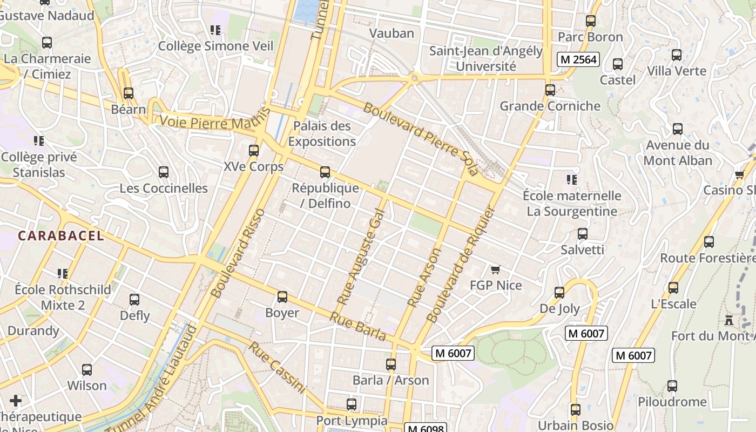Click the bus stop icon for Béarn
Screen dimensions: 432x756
click(x=129, y=93)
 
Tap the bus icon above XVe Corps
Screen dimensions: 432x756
click(x=254, y=151)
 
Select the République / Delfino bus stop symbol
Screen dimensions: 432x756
click(x=325, y=172)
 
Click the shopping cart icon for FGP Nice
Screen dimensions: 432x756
click(x=495, y=269)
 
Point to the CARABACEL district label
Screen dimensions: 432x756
click(x=61, y=236)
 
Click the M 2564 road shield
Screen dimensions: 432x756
click(x=578, y=59)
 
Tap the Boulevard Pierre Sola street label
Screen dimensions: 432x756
click(x=421, y=139)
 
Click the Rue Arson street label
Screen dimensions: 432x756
click(x=424, y=278)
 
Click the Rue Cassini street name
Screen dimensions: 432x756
click(x=277, y=367)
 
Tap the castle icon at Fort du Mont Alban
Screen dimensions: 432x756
click(x=729, y=320)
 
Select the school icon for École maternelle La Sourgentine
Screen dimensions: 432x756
click(x=572, y=179)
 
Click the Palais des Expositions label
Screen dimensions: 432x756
click(x=322, y=133)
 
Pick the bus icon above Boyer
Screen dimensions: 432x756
click(x=282, y=297)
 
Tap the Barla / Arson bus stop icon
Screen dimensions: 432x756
click(x=391, y=364)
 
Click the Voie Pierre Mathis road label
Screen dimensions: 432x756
click(x=214, y=121)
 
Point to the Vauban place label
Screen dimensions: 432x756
click(x=391, y=33)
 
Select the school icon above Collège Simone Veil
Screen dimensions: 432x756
click(x=215, y=30)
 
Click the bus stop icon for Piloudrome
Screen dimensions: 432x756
click(x=672, y=386)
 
